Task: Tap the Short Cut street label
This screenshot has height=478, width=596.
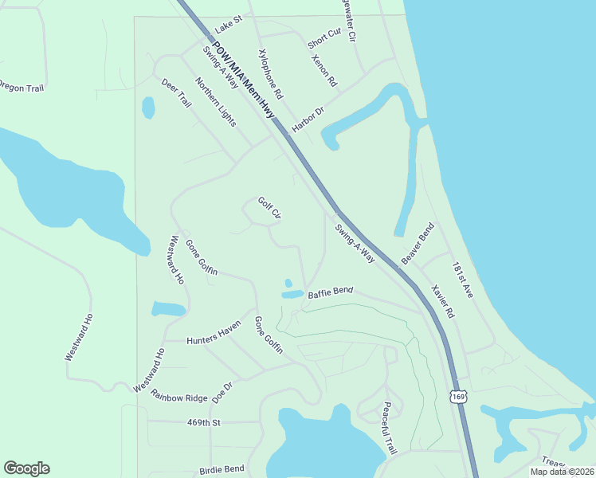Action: [x=324, y=37]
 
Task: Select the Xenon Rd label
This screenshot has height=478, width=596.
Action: [x=325, y=71]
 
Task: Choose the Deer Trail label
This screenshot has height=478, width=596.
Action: [x=177, y=93]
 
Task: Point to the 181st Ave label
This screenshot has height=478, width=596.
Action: [x=462, y=280]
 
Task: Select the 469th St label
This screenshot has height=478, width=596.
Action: [x=203, y=422]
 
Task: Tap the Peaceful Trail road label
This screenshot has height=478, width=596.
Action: [x=389, y=428]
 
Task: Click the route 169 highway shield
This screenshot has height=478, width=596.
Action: [x=457, y=396]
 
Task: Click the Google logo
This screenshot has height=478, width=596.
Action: [x=26, y=468]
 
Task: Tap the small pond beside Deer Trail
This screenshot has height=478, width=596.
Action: [x=148, y=107]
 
